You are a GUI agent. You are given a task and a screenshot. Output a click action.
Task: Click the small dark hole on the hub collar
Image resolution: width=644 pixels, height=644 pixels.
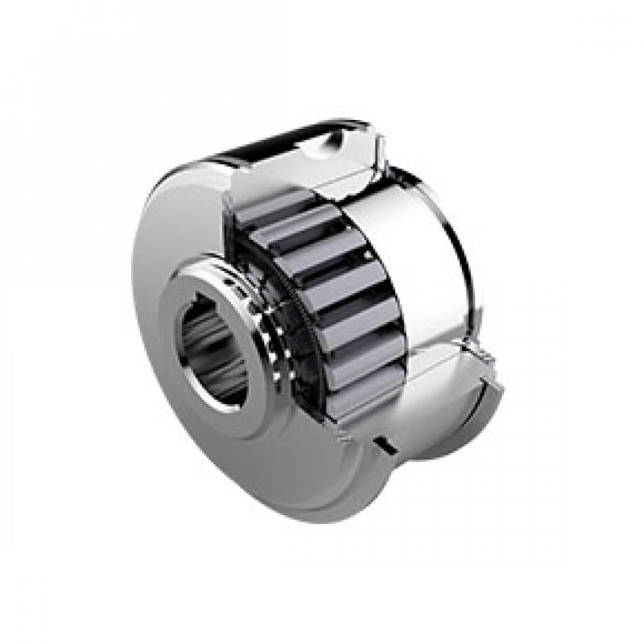(x=234, y=283)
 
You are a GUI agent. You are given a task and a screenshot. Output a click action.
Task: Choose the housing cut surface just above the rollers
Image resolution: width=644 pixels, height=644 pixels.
(x=322, y=185)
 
